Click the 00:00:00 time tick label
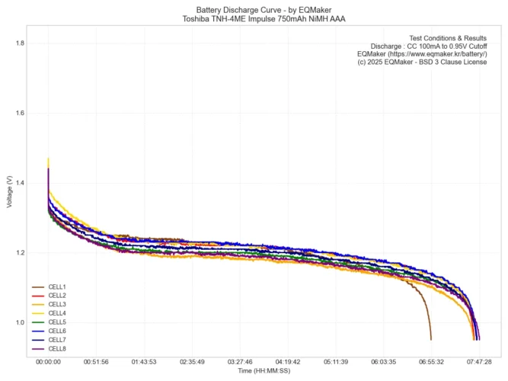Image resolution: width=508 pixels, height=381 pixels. tap(48, 362)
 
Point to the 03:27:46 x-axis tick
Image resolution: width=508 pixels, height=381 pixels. tap(240, 362)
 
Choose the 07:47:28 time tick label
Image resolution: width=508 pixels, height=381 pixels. tap(479, 362)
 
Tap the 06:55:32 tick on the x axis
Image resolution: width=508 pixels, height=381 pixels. tap(431, 362)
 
